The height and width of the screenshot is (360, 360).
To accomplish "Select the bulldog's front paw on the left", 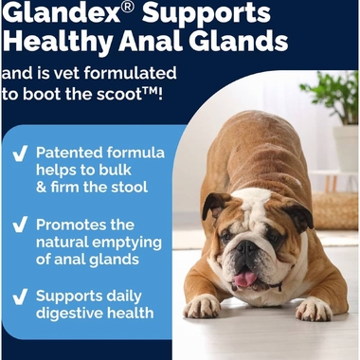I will (x=203, y=305).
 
